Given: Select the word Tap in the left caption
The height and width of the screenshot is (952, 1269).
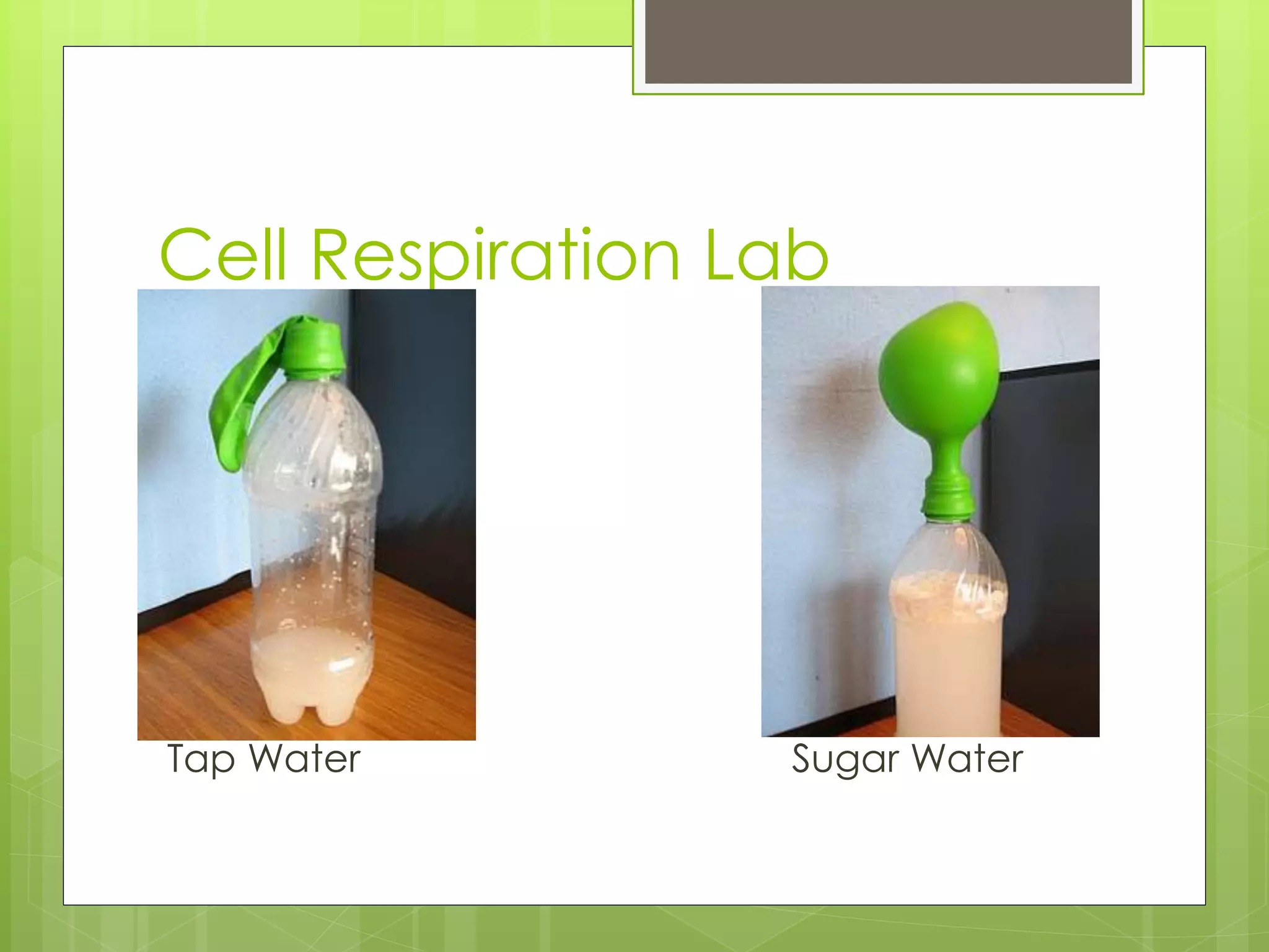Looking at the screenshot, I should [x=201, y=760].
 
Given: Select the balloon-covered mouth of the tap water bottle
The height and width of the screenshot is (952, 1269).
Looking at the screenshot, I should [x=315, y=350].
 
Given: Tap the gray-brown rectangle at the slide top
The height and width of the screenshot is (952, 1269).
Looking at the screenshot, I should [x=888, y=41].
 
